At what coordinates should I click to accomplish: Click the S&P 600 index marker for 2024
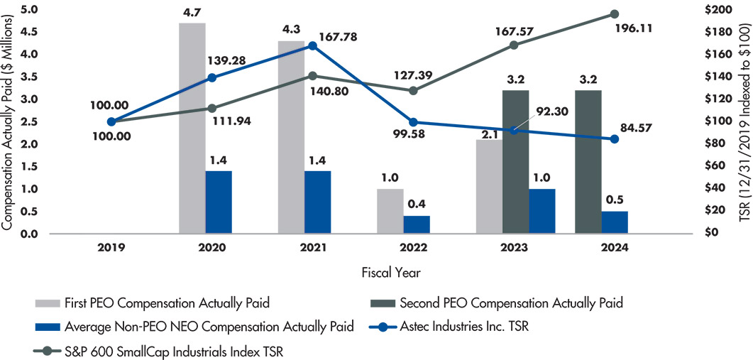pyautogui.click(x=615, y=14)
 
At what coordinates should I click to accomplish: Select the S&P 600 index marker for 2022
pyautogui.click(x=413, y=90)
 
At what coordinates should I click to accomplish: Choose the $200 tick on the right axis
pyautogui.click(x=727, y=10)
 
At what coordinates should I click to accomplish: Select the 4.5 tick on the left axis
pyautogui.click(x=28, y=32)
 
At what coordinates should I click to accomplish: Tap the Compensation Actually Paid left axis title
pyautogui.click(x=9, y=121)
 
